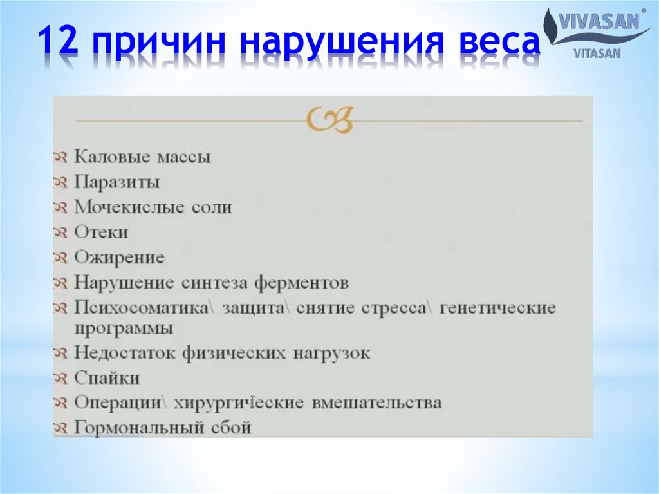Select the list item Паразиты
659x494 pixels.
click(x=116, y=182)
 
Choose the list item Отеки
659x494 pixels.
click(x=101, y=233)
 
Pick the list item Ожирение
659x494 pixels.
click(x=119, y=258)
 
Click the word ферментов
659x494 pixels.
click(x=301, y=283)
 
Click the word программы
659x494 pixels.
click(x=124, y=328)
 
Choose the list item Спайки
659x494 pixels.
click(x=107, y=378)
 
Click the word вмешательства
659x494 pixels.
click(x=376, y=403)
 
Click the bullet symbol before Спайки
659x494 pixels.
click(x=60, y=378)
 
